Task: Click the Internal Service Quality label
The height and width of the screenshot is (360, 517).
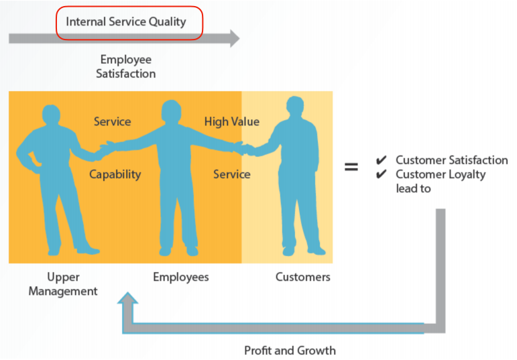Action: coord(126,21)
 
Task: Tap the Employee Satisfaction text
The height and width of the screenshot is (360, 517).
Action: coord(125,66)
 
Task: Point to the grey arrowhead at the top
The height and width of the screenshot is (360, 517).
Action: coord(235,38)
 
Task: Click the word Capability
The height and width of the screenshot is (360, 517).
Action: coord(115,174)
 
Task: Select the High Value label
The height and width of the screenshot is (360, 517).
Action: coord(232,121)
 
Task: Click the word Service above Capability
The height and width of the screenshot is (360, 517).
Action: coord(113,121)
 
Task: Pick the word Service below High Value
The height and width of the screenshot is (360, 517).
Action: coord(232,174)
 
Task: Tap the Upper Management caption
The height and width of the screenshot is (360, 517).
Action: coord(63,284)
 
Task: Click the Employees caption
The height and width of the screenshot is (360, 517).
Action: coord(181,277)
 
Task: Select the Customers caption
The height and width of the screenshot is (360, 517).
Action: coord(302,277)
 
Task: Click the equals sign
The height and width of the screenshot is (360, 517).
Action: coord(351,166)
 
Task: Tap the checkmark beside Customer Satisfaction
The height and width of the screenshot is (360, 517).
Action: coord(381,160)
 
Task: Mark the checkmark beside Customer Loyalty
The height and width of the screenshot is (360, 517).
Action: coord(381,174)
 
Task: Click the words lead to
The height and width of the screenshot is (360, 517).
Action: coord(414,188)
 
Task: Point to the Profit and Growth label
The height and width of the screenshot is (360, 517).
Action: coord(290,350)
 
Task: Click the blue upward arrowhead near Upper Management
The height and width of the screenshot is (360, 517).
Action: coord(127,298)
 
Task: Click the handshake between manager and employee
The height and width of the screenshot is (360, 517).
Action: coord(105,151)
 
